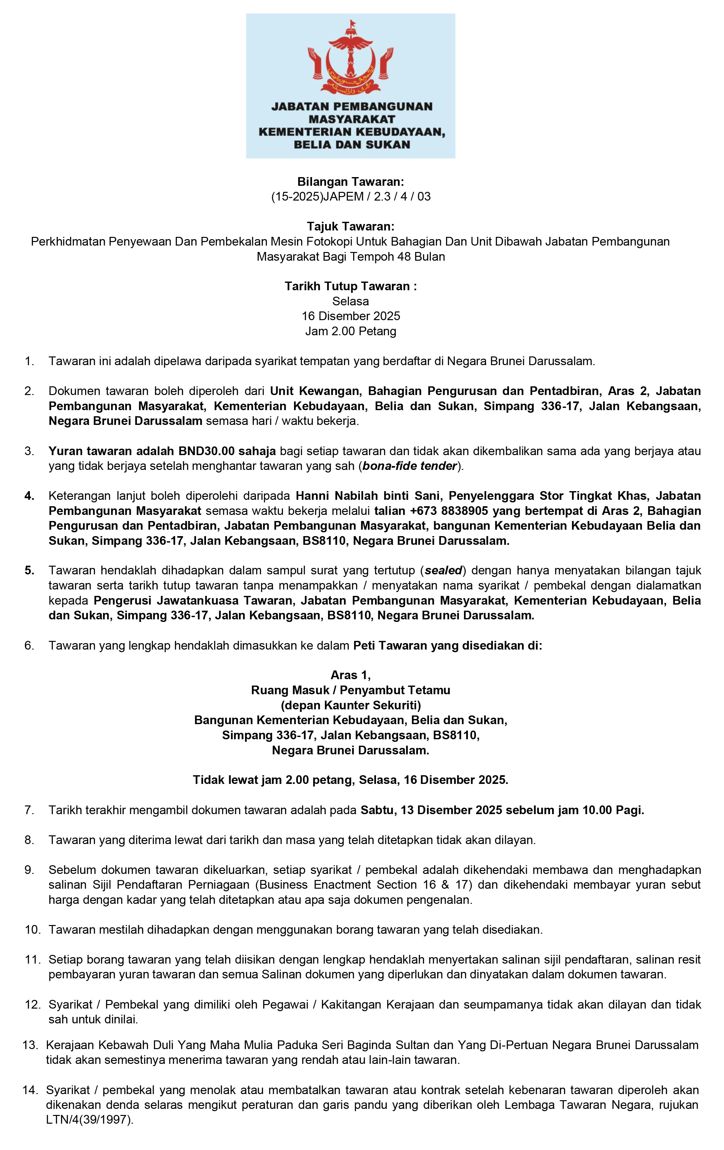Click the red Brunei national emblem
coord(351,58)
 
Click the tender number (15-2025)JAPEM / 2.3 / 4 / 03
coord(351,196)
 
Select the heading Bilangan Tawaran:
coord(351,182)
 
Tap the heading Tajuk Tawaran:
coord(351,226)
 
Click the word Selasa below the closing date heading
coord(351,301)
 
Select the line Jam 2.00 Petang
coord(351,331)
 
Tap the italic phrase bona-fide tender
coord(410,466)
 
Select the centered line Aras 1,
coord(351,675)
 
